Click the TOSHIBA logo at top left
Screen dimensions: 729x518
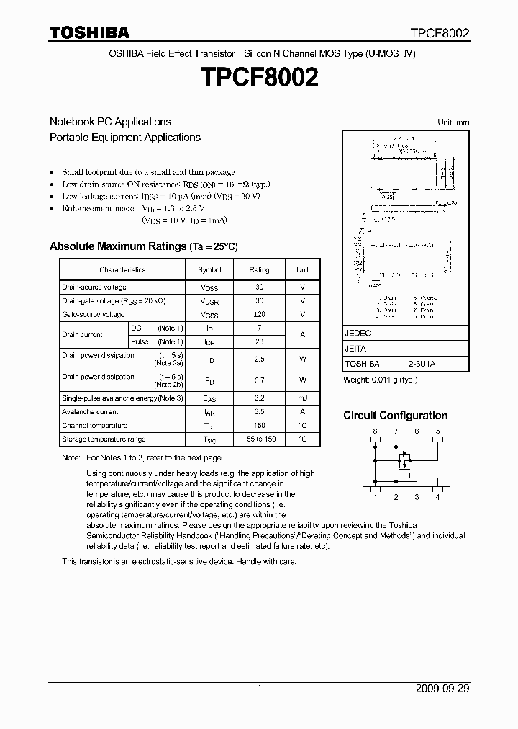(x=89, y=33)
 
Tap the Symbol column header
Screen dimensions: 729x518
(x=209, y=269)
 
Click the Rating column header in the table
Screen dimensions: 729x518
(x=259, y=269)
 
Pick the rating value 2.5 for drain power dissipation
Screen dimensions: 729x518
(x=259, y=358)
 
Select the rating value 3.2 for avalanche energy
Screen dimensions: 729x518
(x=259, y=398)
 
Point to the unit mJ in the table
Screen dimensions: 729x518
(x=302, y=398)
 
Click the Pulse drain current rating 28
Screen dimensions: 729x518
(x=259, y=341)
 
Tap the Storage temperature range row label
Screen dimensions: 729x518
(x=104, y=439)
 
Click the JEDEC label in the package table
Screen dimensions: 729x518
(x=358, y=334)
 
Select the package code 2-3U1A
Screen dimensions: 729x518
(x=422, y=364)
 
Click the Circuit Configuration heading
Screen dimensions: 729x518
(x=395, y=416)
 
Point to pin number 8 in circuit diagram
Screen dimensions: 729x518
(x=374, y=431)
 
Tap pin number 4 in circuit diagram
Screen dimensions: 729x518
(x=437, y=497)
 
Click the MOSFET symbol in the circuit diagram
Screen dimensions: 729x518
(x=405, y=459)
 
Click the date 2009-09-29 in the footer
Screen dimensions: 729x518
(x=442, y=689)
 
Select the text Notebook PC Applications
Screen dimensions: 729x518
(x=110, y=122)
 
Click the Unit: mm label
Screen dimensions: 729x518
(x=453, y=122)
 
